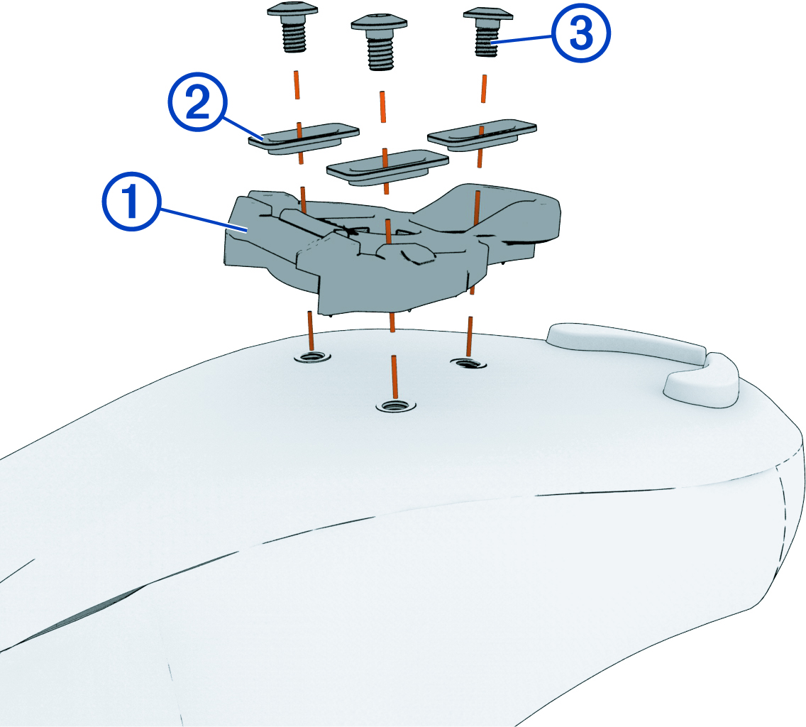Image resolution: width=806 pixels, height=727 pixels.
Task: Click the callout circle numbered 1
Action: point(132,202)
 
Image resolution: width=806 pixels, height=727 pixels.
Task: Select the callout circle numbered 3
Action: point(581,33)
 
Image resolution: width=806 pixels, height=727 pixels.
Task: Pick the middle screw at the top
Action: point(380,41)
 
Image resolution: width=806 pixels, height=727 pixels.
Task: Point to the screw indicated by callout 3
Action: point(486,32)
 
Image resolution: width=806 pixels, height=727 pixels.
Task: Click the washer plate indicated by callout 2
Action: point(303,138)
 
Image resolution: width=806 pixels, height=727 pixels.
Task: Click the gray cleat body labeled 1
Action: point(392,247)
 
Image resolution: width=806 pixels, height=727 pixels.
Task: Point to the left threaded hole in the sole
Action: point(312,356)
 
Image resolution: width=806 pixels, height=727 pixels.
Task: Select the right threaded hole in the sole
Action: point(468,363)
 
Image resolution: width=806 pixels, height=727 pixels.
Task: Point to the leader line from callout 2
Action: point(243,128)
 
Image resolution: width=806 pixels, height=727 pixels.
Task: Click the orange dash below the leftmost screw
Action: point(297,85)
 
